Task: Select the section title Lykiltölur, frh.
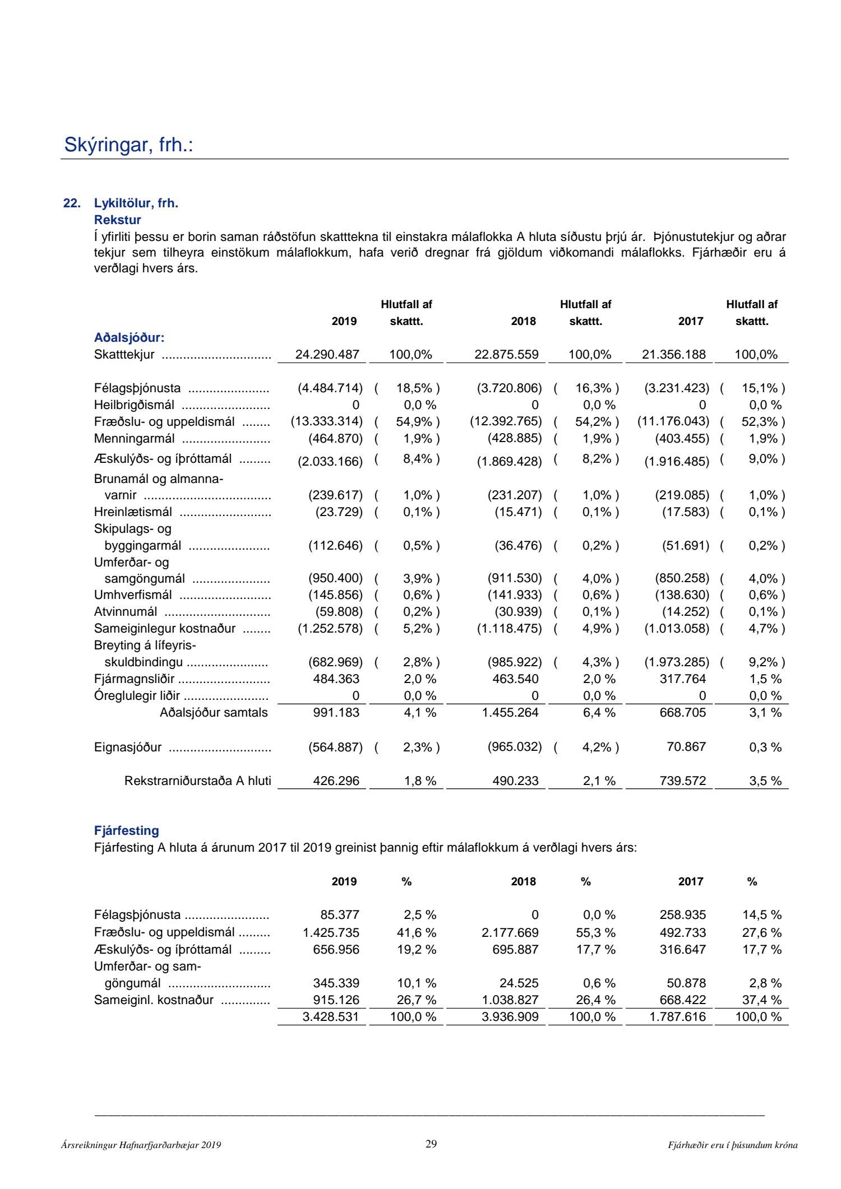tap(136, 203)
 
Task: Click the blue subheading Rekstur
tap(117, 220)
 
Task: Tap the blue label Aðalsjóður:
tap(129, 338)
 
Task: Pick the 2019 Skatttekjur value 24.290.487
tap(327, 355)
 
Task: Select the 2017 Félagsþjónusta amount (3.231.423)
tap(676, 388)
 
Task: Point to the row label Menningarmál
tap(134, 439)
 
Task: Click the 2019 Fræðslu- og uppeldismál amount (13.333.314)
tap(326, 421)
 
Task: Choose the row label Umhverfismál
tap(133, 595)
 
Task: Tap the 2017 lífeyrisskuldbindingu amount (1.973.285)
tap(676, 662)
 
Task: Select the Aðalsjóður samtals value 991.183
tap(336, 713)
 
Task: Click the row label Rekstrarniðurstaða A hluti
tap(197, 781)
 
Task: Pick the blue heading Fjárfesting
tap(126, 831)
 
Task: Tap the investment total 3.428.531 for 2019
tap(331, 1017)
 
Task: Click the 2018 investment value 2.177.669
tap(510, 933)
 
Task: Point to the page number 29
tap(431, 1144)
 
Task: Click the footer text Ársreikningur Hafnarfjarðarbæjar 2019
tap(141, 1145)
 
